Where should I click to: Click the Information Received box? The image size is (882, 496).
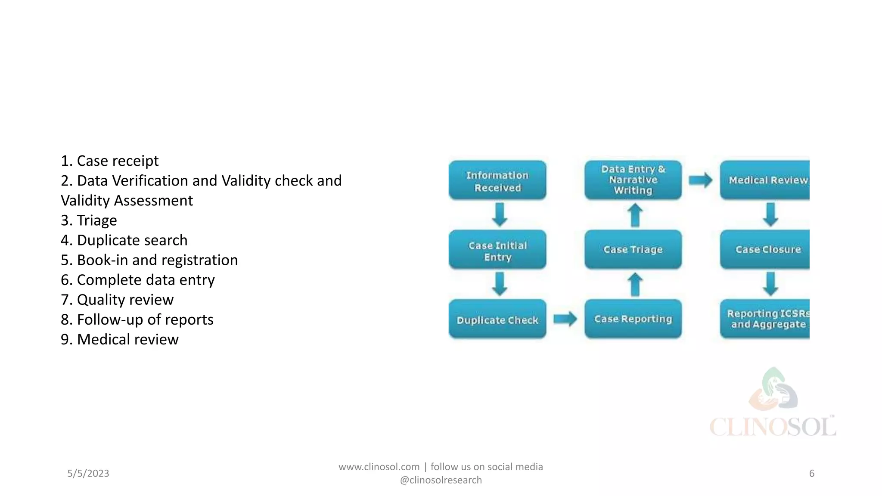click(x=497, y=181)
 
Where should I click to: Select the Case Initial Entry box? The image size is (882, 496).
click(x=497, y=250)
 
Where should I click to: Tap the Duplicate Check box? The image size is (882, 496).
click(x=497, y=319)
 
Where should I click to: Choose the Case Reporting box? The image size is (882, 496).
click(x=633, y=319)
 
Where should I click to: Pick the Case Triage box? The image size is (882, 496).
click(x=633, y=250)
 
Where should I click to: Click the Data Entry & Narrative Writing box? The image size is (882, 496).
click(x=633, y=180)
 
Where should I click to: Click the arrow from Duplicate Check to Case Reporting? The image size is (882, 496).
click(x=565, y=319)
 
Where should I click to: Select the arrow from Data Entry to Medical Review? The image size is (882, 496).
click(x=700, y=180)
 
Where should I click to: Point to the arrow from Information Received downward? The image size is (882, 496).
click(x=500, y=214)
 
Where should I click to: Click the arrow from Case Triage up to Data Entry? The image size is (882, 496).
click(x=635, y=215)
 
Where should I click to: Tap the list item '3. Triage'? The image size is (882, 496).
click(x=89, y=220)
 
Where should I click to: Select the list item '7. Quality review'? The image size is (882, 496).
click(x=117, y=300)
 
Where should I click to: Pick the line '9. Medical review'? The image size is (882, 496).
click(x=120, y=339)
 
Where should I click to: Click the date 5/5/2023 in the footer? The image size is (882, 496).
click(x=88, y=473)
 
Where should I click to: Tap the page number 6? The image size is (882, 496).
click(x=811, y=473)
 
